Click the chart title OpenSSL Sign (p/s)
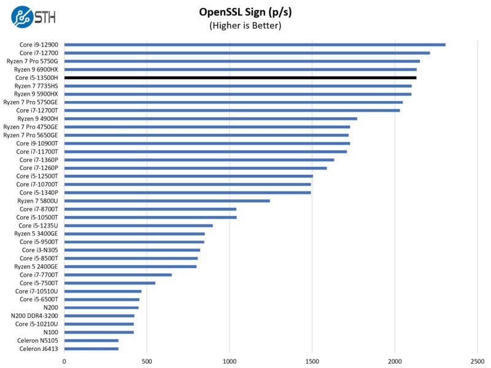coord(245,12)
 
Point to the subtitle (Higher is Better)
coord(245,26)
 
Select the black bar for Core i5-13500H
coord(240,78)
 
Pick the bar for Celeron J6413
coord(91,348)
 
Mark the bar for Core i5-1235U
coord(138,225)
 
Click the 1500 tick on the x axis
coord(312,361)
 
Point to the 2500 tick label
coord(477,361)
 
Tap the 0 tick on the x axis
coord(64,361)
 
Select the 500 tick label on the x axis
coord(147,361)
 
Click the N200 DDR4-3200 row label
coord(34,316)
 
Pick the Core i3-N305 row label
coord(40,250)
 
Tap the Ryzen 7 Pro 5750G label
coord(32,61)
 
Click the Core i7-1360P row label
coord(38,159)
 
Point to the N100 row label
coord(50,332)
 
